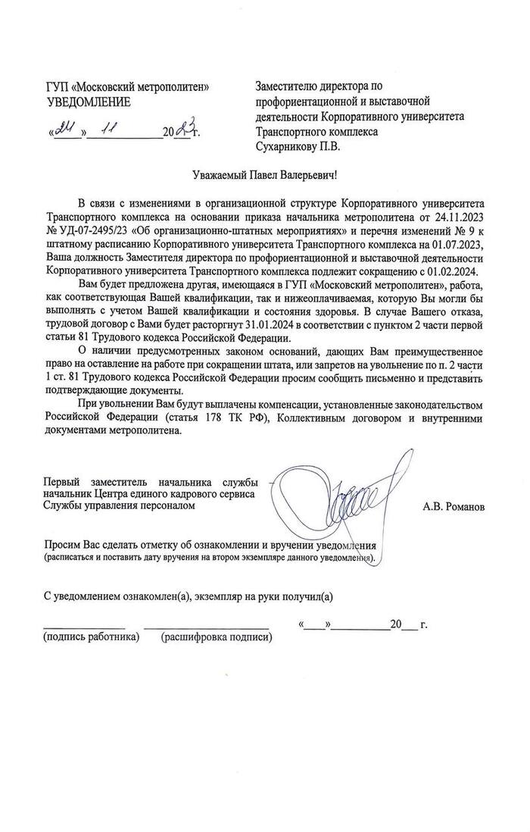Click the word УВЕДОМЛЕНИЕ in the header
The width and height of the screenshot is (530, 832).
(x=88, y=102)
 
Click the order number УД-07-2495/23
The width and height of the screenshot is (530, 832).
(x=93, y=230)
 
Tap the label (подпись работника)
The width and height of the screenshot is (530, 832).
(x=91, y=637)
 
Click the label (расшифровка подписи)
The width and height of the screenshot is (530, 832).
(x=217, y=637)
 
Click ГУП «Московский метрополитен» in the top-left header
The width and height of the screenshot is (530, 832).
(x=128, y=88)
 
